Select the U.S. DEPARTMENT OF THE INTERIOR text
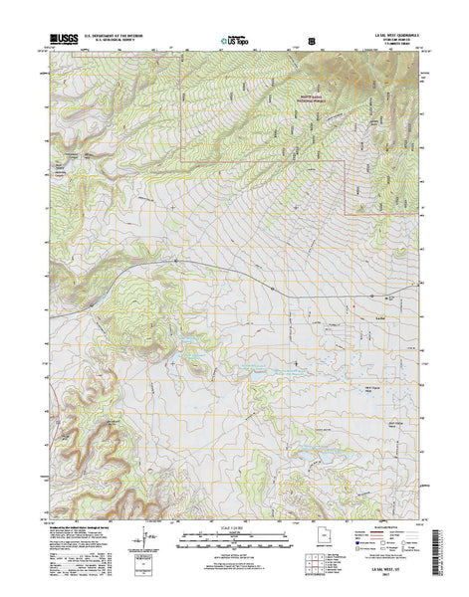point(117,33)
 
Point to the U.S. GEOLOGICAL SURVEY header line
point(117,38)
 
